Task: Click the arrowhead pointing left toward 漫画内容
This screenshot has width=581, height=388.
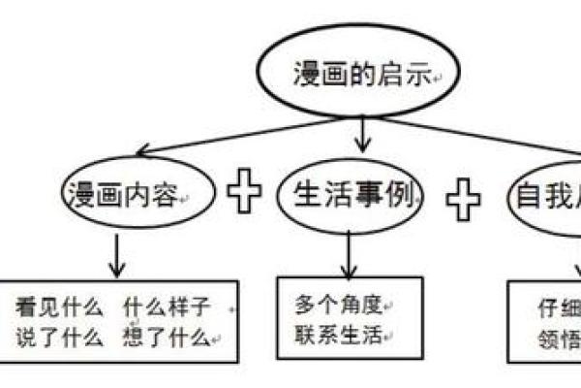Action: coord(144,150)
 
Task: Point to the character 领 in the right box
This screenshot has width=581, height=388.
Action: coord(548,339)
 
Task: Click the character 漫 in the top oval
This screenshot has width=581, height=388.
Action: coord(307,76)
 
